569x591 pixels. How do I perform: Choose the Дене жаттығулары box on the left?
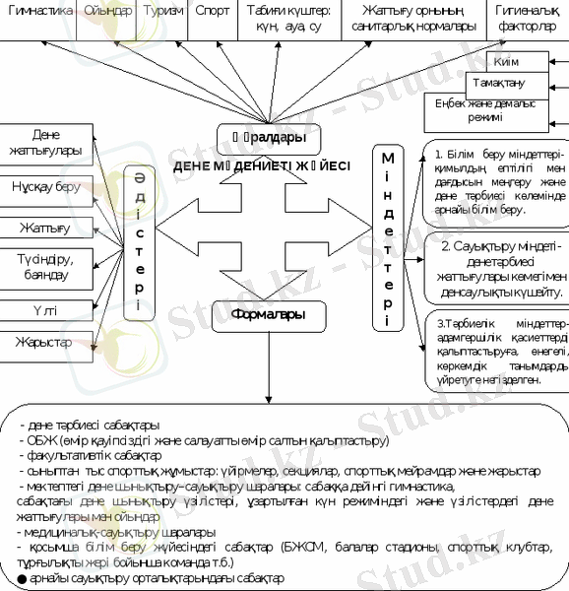coord(46,143)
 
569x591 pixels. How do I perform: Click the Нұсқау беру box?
coord(46,186)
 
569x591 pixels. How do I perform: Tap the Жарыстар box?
coord(46,342)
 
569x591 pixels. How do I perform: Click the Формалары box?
coord(267,315)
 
